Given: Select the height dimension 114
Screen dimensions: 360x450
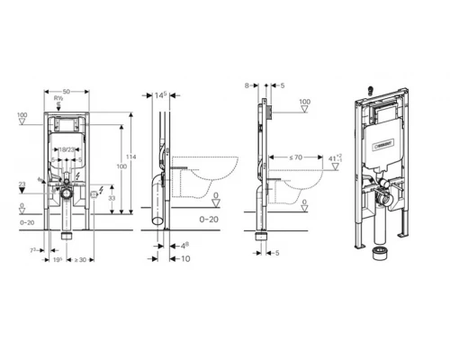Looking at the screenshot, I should (131, 157).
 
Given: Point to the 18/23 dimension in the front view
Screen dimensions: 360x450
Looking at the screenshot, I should (66, 151).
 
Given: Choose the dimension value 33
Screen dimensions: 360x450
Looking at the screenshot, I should (111, 199).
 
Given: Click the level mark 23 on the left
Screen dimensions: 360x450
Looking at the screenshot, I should (22, 184).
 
